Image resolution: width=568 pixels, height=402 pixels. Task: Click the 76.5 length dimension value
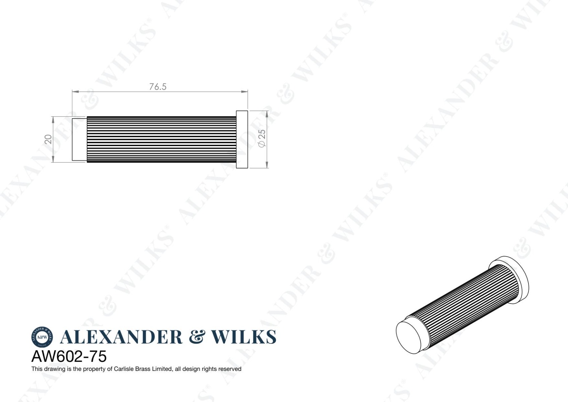(x=158, y=87)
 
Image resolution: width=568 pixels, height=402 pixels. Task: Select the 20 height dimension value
(x=49, y=139)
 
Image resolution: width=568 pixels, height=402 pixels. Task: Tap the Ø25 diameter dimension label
(x=262, y=138)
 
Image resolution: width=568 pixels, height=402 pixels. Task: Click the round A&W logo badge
(x=42, y=337)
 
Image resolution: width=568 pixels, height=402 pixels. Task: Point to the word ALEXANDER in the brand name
(x=121, y=337)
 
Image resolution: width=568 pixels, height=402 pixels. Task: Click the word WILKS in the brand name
(x=244, y=337)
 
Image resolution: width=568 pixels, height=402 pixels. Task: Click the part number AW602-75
(x=69, y=356)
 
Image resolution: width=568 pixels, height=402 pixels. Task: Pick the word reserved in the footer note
(x=230, y=369)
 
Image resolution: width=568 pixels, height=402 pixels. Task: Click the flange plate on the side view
(x=242, y=139)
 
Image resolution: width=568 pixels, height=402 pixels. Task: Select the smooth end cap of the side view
(x=79, y=139)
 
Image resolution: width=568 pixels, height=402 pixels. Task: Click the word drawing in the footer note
(x=55, y=369)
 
